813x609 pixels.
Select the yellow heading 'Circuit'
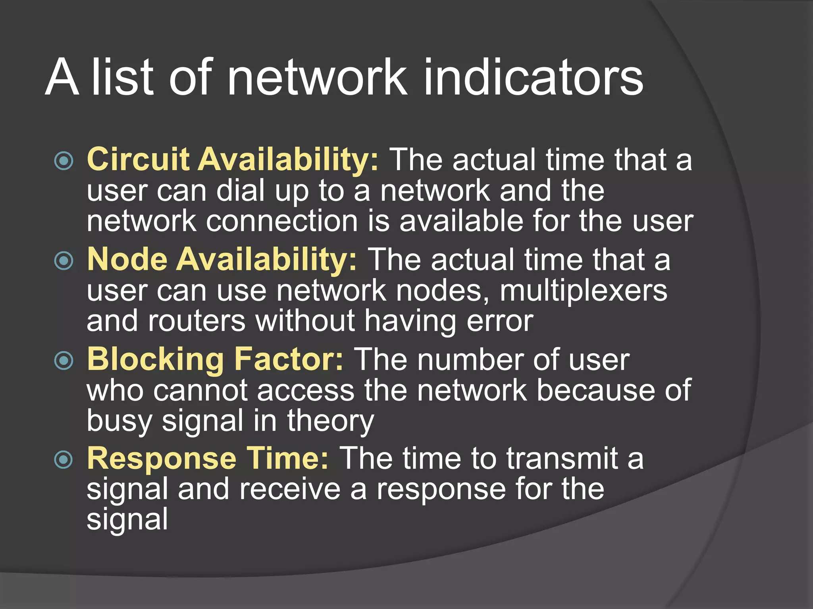(x=138, y=159)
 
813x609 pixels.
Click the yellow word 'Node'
(x=127, y=259)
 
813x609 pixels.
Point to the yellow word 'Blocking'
(x=155, y=359)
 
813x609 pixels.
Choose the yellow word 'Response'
(x=162, y=459)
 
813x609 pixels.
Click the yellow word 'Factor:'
(x=289, y=359)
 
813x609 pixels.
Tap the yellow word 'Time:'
(x=287, y=459)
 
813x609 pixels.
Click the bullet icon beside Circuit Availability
(x=64, y=161)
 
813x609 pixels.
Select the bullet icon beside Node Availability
(x=64, y=260)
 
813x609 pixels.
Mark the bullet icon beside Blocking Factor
(x=64, y=360)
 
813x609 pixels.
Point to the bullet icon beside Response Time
(x=64, y=460)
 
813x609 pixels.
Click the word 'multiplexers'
(x=583, y=291)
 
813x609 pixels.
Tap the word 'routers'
(x=197, y=321)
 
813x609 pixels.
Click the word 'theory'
(x=330, y=421)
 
